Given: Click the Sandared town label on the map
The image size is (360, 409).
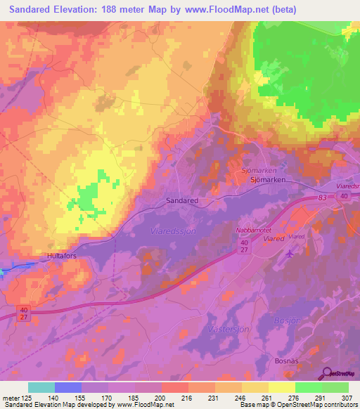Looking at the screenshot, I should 182,200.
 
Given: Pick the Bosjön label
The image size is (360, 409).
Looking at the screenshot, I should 288,320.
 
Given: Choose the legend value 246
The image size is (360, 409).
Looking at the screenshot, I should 242,398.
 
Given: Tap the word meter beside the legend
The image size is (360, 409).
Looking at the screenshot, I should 12,398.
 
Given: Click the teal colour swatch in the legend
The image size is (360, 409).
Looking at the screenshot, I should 41,387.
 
